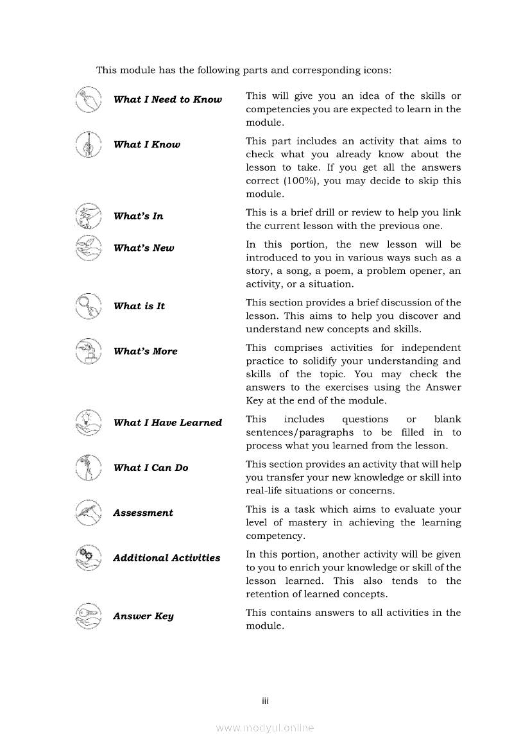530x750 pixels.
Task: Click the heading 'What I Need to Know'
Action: click(167, 99)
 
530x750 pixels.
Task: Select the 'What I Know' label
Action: click(147, 145)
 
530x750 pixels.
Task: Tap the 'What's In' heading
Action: click(138, 216)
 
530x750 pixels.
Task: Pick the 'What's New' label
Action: click(144, 248)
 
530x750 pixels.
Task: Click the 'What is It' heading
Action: click(139, 306)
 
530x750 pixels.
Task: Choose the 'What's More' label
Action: click(145, 352)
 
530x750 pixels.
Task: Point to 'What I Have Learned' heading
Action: click(167, 423)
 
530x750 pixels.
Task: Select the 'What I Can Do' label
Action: click(151, 468)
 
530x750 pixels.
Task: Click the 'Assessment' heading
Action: click(143, 513)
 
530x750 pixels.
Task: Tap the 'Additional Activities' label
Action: click(167, 558)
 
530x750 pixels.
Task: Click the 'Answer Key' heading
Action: click(143, 617)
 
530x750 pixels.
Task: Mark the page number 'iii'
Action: click(265, 701)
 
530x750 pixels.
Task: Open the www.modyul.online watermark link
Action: click(265, 728)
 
